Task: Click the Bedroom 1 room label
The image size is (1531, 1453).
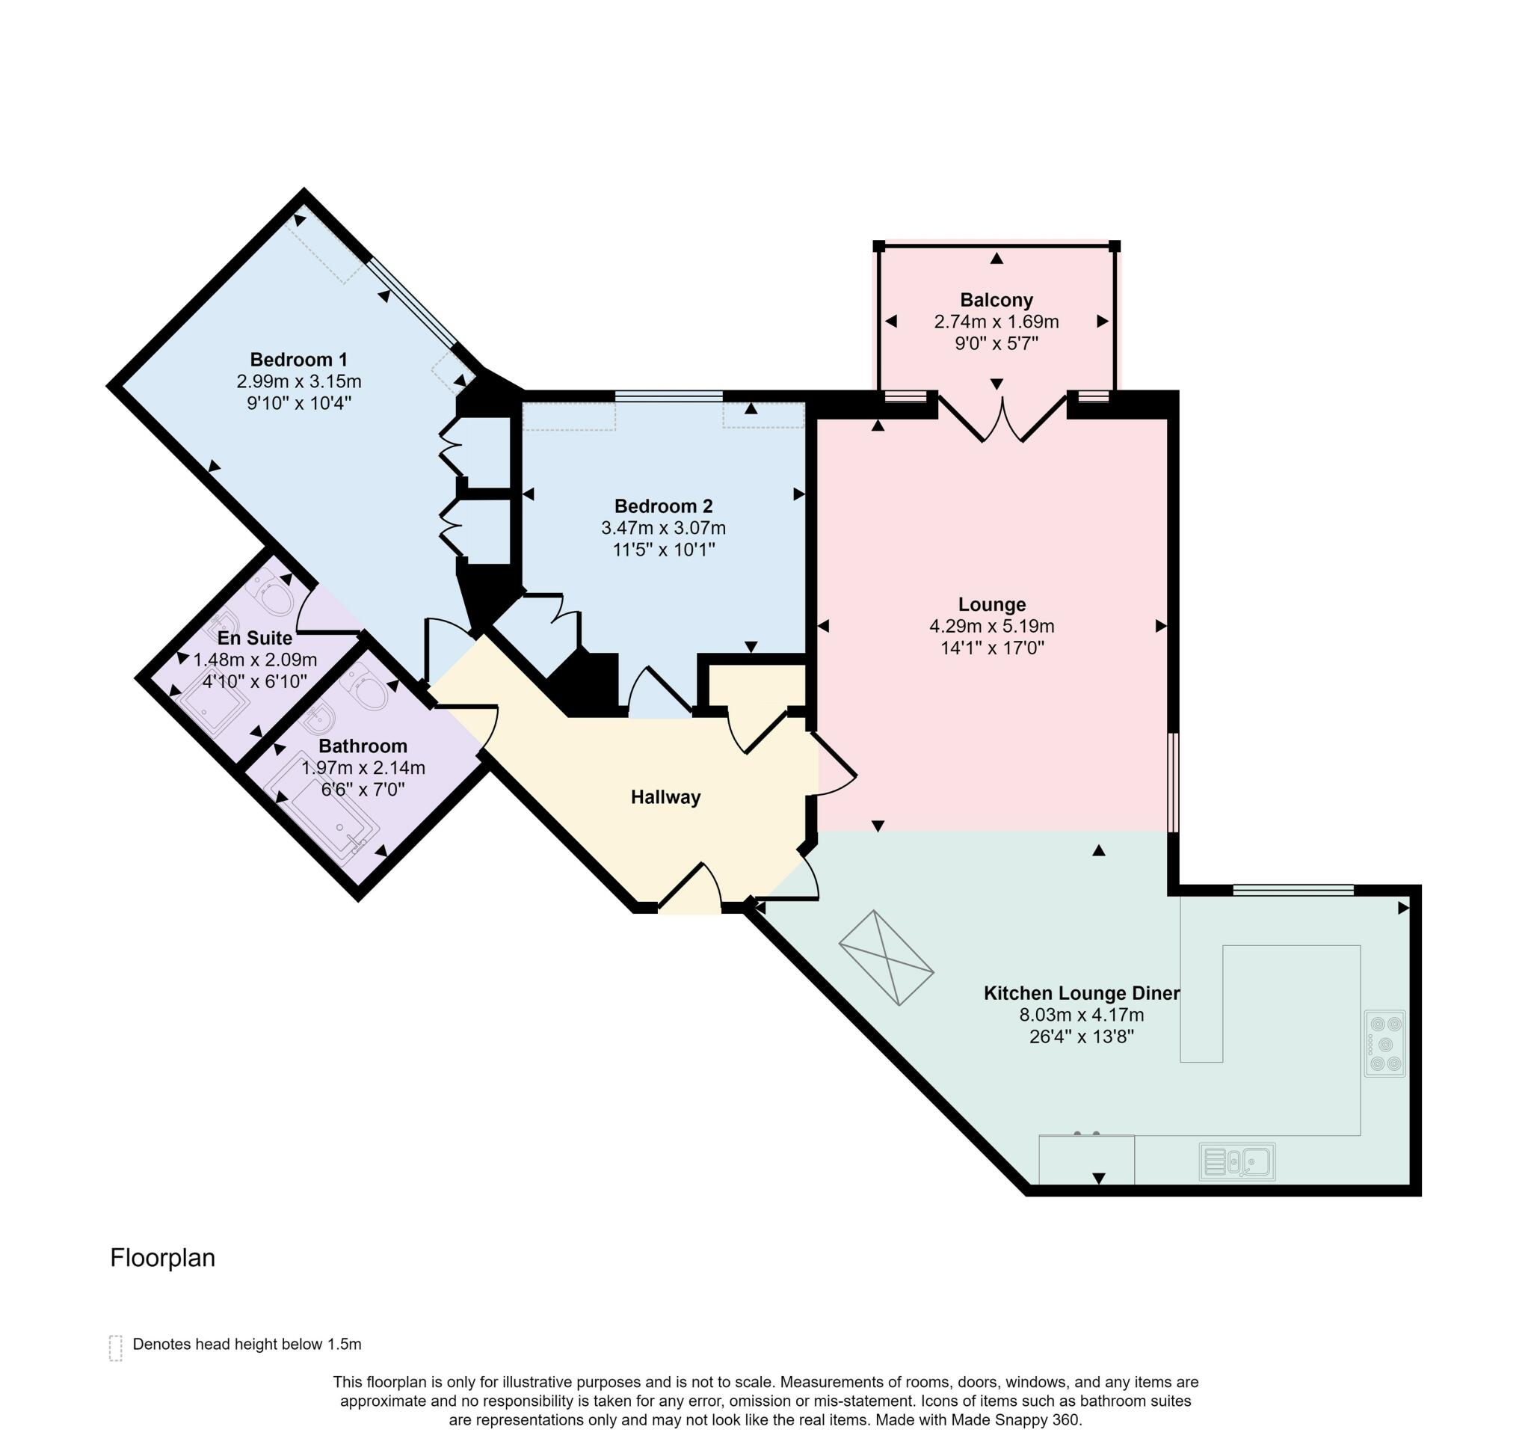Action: [298, 360]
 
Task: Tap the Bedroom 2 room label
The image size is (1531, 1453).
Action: [663, 506]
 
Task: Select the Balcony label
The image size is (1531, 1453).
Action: [996, 301]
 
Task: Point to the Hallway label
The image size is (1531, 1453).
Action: [665, 797]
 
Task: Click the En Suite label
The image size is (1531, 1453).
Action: [255, 638]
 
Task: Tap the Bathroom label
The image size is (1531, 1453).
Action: [363, 746]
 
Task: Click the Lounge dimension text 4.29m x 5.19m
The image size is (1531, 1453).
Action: [991, 626]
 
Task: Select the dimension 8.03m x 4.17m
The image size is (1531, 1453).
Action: [1081, 1015]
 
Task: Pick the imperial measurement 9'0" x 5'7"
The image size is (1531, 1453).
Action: [996, 343]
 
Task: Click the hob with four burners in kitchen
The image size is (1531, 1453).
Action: [1384, 1043]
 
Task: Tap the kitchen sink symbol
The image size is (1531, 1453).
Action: [1236, 1162]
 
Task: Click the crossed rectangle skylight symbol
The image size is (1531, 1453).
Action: [886, 958]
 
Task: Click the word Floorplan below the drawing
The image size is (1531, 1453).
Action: [163, 1258]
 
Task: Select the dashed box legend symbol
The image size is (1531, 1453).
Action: [115, 1348]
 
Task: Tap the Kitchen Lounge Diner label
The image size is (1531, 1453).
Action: [1081, 993]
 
